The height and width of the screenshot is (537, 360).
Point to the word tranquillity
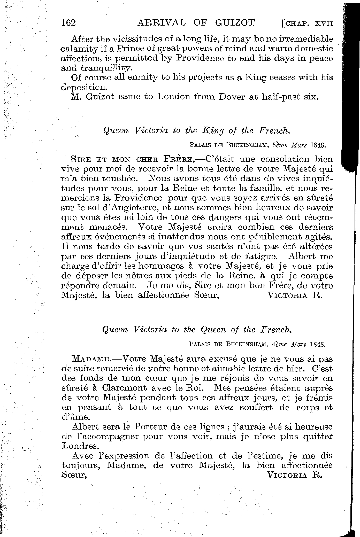(x=106, y=68)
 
